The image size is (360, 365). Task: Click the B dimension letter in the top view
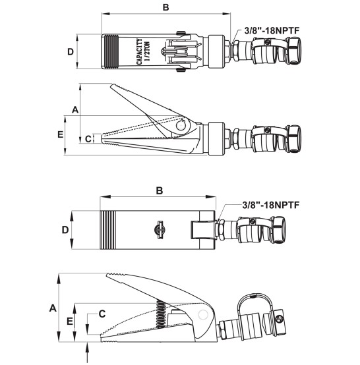(x=165, y=7)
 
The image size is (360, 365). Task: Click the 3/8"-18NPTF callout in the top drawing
(x=272, y=30)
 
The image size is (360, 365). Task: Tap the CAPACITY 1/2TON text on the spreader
(x=143, y=51)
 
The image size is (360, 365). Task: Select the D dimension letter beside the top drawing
(x=71, y=51)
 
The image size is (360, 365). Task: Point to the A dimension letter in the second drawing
(x=75, y=109)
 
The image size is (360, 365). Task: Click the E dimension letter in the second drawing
(x=61, y=134)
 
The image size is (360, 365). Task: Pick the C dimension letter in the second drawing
(x=88, y=139)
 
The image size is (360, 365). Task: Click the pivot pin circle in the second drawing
(x=181, y=126)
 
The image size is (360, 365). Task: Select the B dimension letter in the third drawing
(x=160, y=190)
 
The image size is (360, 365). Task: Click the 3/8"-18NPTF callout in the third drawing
(x=270, y=205)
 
